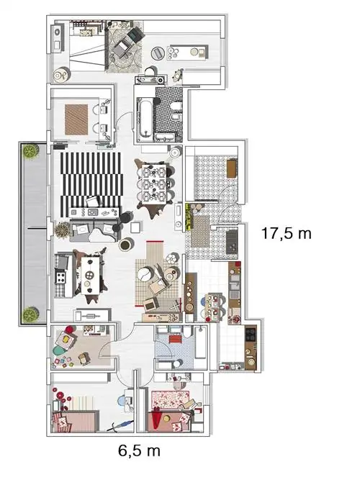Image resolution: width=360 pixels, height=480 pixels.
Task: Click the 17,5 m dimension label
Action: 287,234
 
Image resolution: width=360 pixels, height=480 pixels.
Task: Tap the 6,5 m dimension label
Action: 139,451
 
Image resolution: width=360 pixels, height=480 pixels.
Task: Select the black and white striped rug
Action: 91,184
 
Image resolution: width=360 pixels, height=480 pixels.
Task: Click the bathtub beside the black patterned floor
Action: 144,120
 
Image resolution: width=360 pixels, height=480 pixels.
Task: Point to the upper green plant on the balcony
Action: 30,152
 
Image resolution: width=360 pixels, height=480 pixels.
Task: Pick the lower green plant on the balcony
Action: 30,314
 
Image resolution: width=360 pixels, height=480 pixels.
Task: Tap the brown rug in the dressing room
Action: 76,119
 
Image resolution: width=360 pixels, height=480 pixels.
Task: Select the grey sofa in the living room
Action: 94,230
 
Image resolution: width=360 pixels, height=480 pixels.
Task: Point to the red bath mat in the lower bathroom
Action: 176,339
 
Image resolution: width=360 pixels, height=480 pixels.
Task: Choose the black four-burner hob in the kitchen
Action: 251,335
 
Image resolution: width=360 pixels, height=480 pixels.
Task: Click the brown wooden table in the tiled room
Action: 232,168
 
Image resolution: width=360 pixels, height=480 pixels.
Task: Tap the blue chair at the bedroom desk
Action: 122,400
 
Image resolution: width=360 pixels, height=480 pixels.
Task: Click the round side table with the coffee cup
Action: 125,245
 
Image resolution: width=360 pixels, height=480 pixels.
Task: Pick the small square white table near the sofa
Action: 135,227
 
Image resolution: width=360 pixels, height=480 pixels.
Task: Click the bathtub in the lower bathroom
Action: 201,343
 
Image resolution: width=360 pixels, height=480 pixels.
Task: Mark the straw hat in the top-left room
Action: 62,74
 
